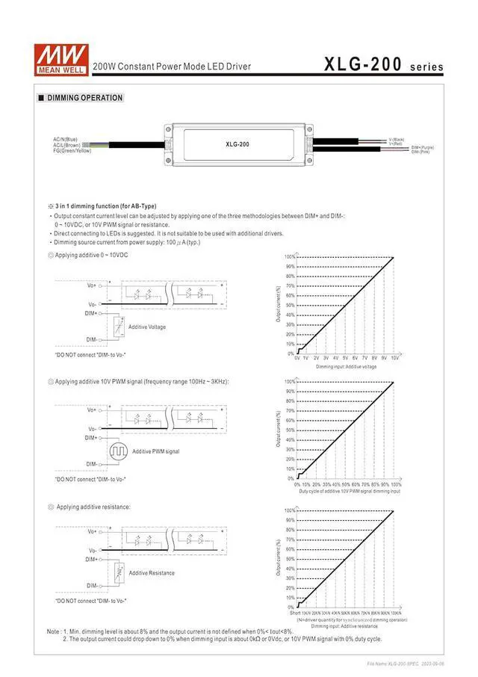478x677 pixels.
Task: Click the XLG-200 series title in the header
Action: tap(383, 65)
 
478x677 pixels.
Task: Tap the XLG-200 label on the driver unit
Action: tap(237, 143)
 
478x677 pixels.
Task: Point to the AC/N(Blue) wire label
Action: tap(65, 139)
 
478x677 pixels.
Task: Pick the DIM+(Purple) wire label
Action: tap(422, 147)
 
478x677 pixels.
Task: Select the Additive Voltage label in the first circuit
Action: tap(147, 327)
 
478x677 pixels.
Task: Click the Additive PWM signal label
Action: tap(155, 451)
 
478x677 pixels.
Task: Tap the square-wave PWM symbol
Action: tap(119, 451)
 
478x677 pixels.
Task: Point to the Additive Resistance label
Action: tap(152, 573)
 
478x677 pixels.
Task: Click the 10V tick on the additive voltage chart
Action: tap(394, 359)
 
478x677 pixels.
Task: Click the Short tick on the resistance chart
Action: tap(296, 613)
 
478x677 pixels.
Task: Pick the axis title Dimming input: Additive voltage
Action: tap(346, 367)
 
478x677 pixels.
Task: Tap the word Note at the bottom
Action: tap(54, 631)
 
